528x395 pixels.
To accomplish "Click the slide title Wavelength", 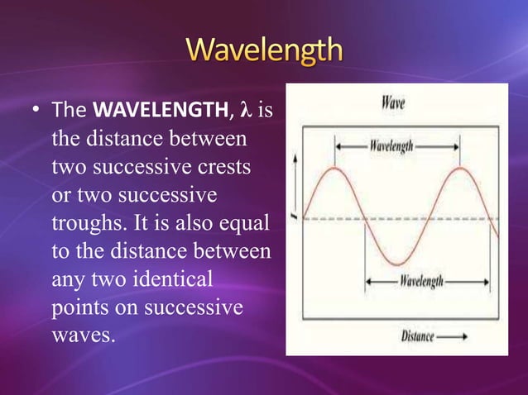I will point(263,50).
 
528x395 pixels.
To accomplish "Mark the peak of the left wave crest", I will point(335,169).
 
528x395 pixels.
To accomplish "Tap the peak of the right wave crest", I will point(460,169).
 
